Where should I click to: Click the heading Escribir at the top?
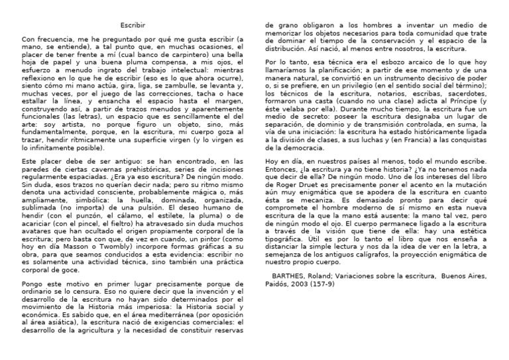pos(133,25)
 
